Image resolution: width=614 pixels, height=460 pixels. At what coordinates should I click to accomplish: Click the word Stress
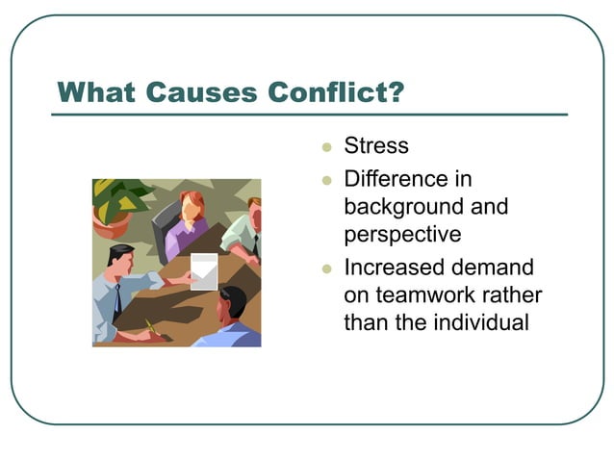click(376, 146)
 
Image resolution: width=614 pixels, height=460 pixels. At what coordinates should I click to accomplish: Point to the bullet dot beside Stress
click(326, 148)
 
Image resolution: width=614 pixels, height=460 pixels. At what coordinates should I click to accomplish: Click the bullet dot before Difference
click(326, 181)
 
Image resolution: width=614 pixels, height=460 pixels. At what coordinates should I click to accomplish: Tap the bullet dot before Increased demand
click(326, 268)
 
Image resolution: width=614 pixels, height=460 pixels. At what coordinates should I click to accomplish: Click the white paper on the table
click(204, 271)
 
